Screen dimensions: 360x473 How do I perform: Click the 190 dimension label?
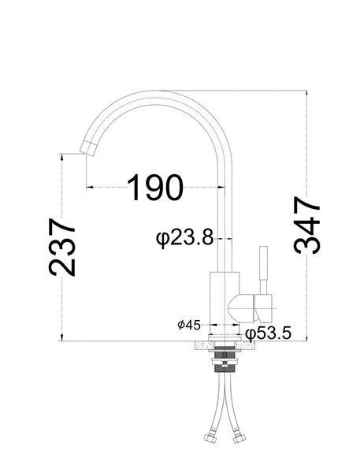coord(155,188)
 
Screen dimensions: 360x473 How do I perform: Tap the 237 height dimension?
coord(61,247)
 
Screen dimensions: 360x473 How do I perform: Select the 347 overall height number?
coord(306,225)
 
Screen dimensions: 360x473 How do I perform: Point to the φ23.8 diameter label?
coord(184,238)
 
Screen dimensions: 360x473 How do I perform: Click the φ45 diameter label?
coord(189,325)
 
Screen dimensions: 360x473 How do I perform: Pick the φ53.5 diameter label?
coord(268,333)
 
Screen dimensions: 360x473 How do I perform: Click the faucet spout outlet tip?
coord(87,148)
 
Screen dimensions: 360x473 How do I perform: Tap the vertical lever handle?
coord(264,270)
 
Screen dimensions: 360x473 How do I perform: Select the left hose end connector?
coord(210,438)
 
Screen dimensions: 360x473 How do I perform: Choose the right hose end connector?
coord(239,438)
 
